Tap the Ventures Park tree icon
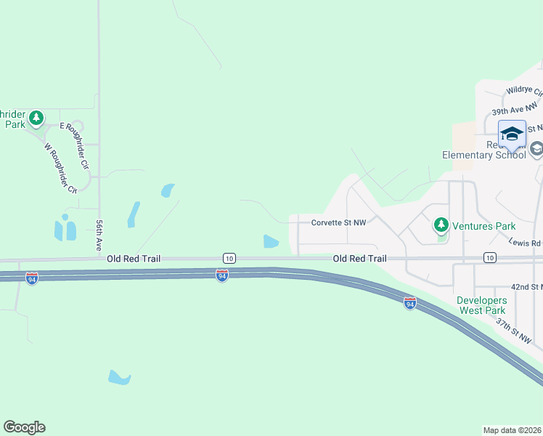pos(441,225)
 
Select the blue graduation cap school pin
pos(512,135)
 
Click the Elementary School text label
pos(484,155)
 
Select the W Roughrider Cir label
pos(60,168)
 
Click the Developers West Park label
pos(481,305)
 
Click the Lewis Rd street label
pos(525,242)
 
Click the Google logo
pos(24,427)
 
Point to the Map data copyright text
pos(512,429)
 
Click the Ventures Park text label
pos(483,226)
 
